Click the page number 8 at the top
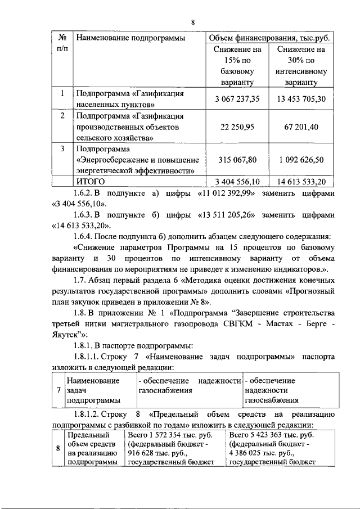[x=192, y=22]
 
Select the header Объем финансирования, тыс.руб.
[x=268, y=38]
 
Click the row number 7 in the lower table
[x=59, y=390]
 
